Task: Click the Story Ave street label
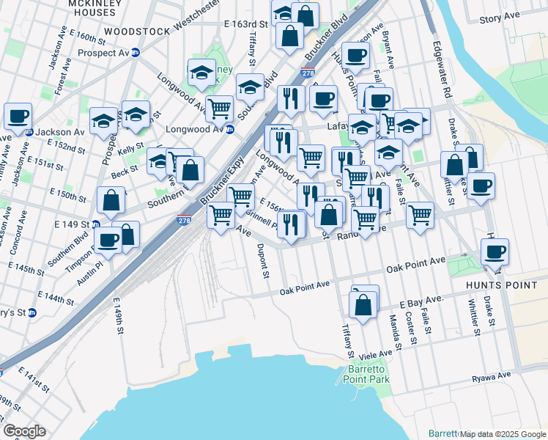coord(519,15)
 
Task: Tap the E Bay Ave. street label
coord(422,301)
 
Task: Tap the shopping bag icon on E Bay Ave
coord(363,302)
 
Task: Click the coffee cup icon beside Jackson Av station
coord(18,116)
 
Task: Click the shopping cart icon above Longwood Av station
coord(219,109)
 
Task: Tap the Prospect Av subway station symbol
coord(135,53)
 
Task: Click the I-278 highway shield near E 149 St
coord(185,219)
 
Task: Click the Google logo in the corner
coord(24,431)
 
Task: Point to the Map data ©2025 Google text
coord(503,434)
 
